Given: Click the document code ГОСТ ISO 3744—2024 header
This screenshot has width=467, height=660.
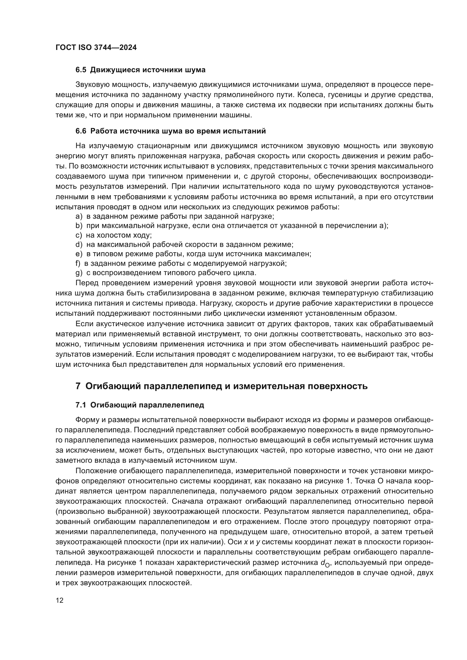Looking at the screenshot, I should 96,48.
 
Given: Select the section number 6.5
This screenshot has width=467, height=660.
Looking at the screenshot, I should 81,70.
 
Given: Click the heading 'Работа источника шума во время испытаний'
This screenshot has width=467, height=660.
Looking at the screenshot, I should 178,131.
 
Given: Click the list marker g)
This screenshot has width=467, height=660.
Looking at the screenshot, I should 79,273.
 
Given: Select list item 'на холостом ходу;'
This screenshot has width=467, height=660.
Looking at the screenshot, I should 119,235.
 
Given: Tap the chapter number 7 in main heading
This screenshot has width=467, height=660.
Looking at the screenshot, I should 78,386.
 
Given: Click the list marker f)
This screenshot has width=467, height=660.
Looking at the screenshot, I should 78,263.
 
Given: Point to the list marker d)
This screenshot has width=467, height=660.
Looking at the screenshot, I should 79,245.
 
